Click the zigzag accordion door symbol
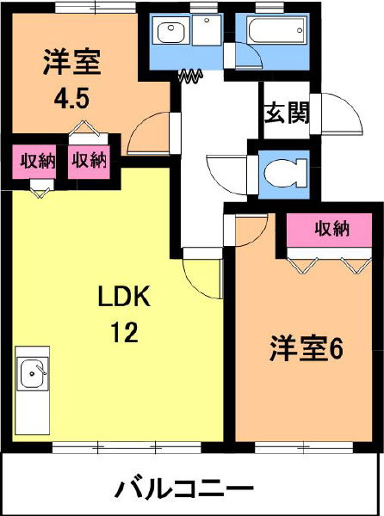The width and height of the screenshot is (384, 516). tap(190, 76)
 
